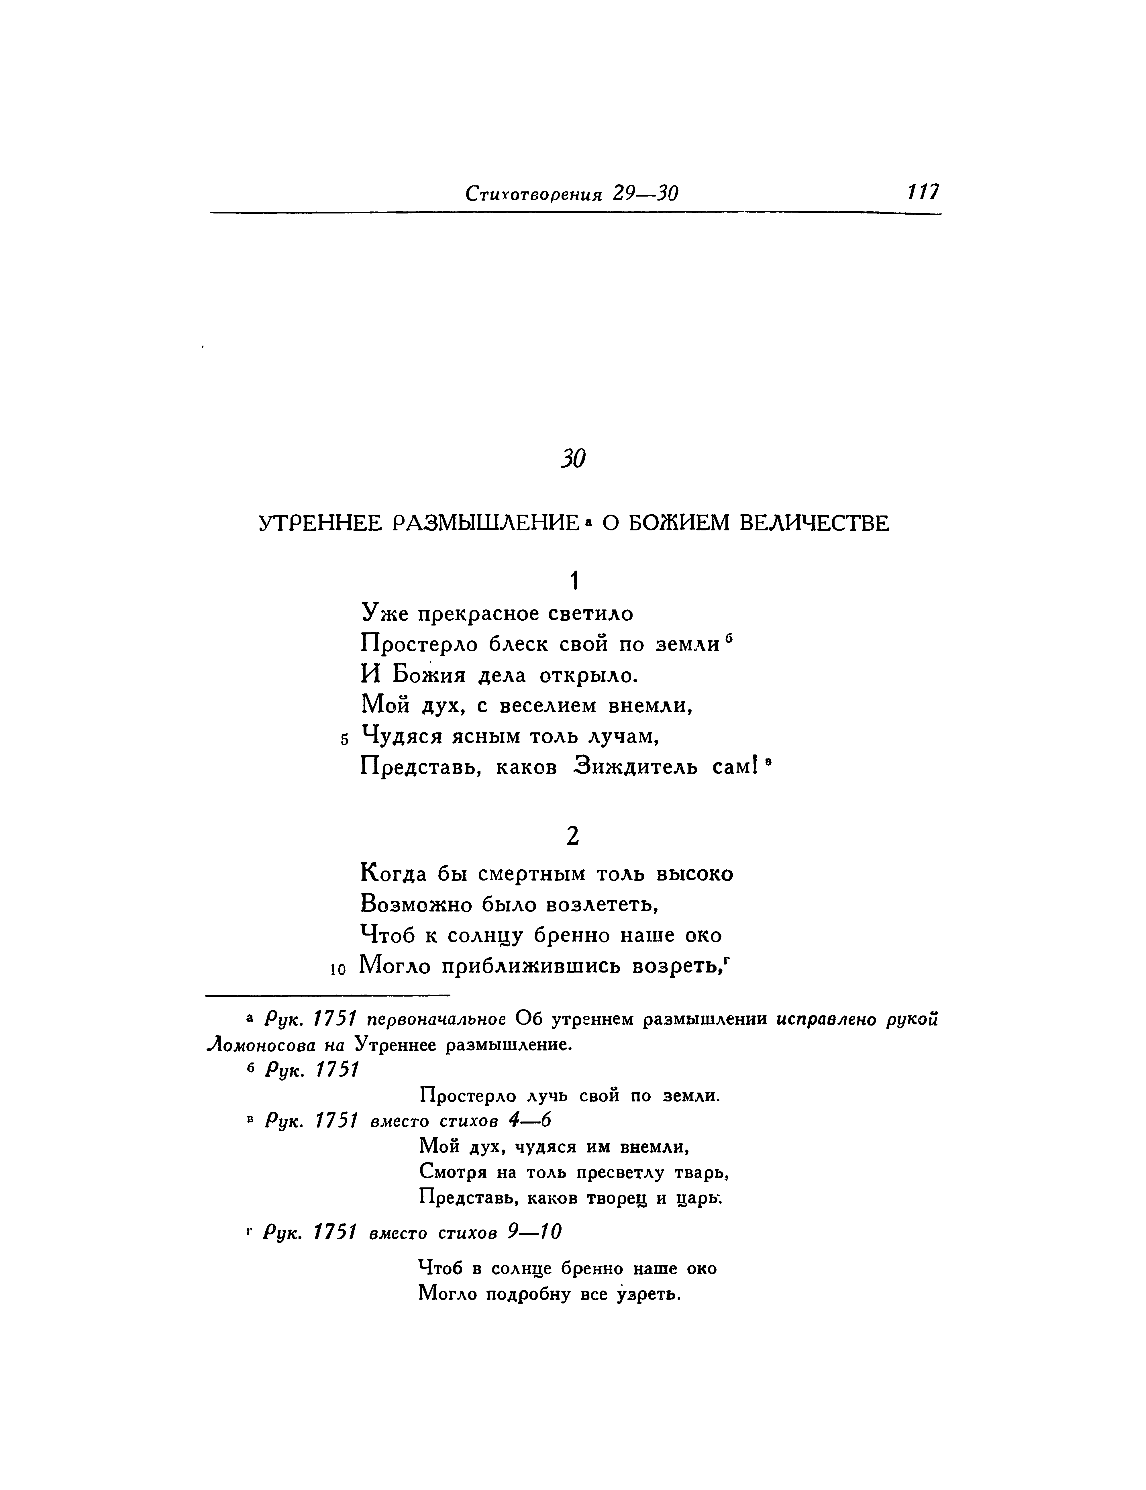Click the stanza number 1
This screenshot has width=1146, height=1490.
pyautogui.click(x=574, y=581)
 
